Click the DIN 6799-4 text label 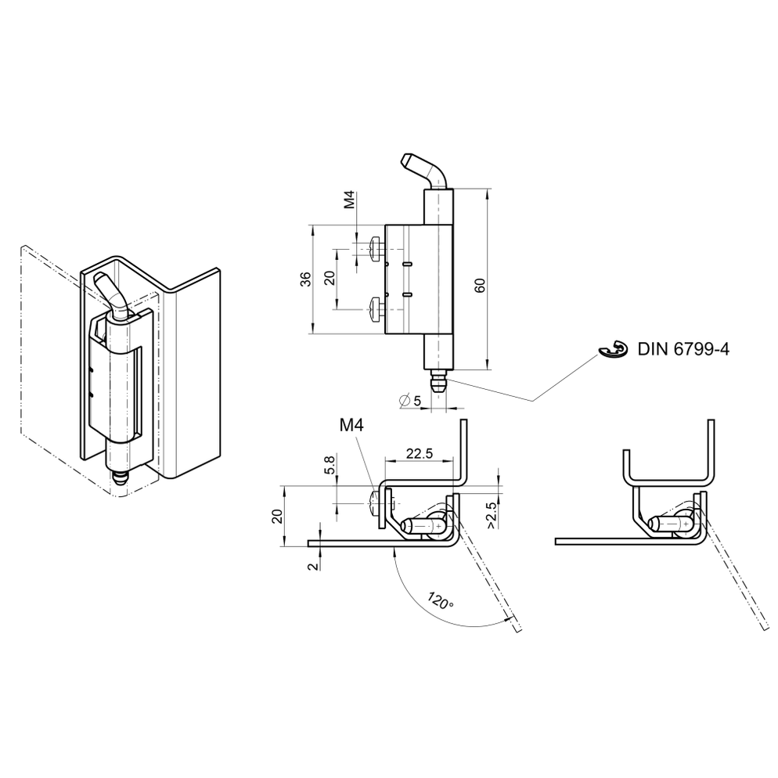pyautogui.click(x=683, y=350)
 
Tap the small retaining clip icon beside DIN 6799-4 pyautogui.click(x=616, y=351)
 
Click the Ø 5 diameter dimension pyautogui.click(x=409, y=400)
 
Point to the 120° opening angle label pyautogui.click(x=440, y=602)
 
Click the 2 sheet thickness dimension pyautogui.click(x=312, y=566)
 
